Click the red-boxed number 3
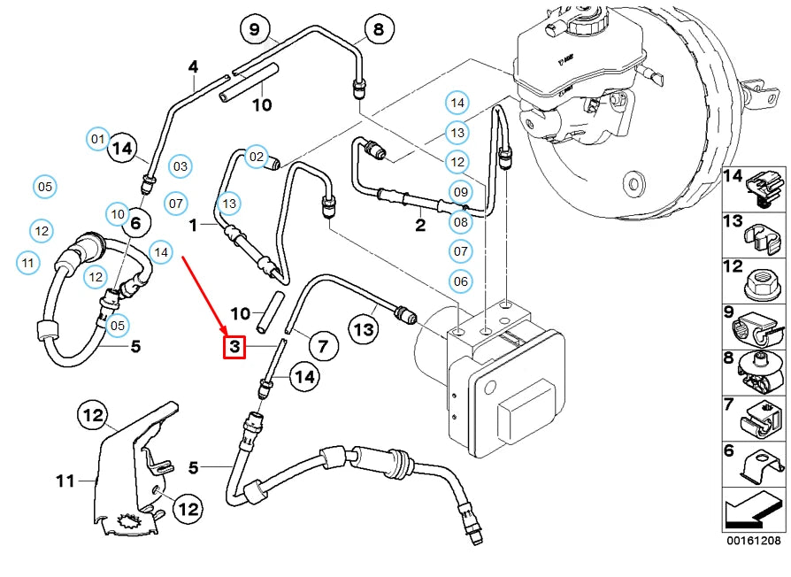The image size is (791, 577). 234,345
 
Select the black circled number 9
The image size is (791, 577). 255,30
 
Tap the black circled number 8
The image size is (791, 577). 378,30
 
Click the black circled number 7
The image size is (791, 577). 321,345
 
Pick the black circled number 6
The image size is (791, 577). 135,225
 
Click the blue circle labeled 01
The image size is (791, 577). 97,139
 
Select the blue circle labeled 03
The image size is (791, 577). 180,165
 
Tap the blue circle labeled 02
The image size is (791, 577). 256,157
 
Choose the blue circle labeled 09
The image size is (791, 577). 460,192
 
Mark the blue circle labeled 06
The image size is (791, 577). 460,281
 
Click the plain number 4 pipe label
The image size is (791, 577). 193,66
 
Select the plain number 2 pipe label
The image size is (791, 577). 420,225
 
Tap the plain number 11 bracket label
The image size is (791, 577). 65,481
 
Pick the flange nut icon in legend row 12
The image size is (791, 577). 763,281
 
